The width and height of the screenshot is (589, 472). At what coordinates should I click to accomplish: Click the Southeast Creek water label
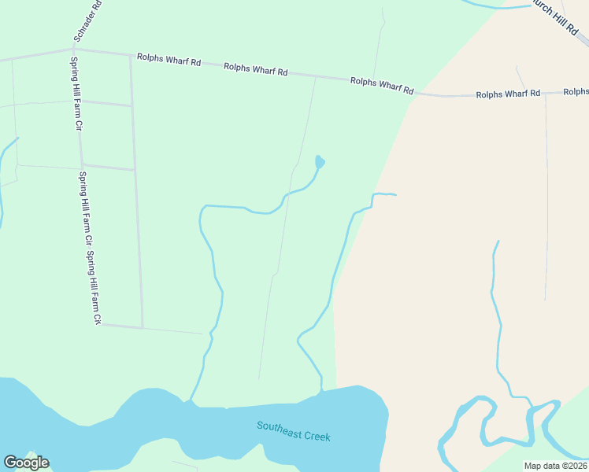pyautogui.click(x=293, y=431)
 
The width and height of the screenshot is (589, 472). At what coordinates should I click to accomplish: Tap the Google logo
pyautogui.click(x=27, y=463)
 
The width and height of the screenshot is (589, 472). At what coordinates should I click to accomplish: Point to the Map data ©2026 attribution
pyautogui.click(x=555, y=466)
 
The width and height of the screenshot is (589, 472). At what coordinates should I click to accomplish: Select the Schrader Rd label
pyautogui.click(x=87, y=20)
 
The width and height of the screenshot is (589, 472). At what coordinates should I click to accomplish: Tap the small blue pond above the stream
pyautogui.click(x=320, y=162)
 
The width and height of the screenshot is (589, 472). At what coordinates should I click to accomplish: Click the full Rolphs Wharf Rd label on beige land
pyautogui.click(x=508, y=94)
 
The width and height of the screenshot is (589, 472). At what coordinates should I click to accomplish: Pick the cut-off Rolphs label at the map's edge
pyautogui.click(x=576, y=92)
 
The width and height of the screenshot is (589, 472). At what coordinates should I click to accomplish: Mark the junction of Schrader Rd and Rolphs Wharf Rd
pyautogui.click(x=75, y=50)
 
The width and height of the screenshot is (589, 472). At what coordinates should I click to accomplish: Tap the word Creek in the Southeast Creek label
pyautogui.click(x=316, y=436)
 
